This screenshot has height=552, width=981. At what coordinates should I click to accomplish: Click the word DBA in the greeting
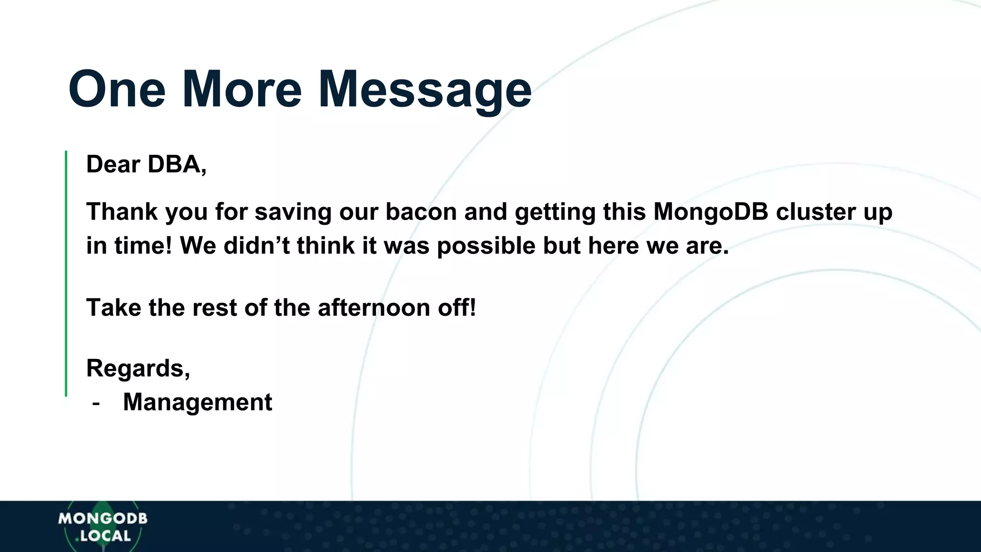point(176,164)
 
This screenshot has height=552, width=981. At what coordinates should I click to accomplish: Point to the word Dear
point(113,164)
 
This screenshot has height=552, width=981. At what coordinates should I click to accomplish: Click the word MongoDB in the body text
point(710,212)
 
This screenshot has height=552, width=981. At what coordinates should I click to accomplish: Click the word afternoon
point(374,308)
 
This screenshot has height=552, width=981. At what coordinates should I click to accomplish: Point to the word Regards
point(137,368)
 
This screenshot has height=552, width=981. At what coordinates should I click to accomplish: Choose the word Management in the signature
point(197,402)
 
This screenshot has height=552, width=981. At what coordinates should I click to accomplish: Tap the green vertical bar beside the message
point(66,273)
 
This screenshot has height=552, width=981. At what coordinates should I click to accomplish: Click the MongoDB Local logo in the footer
point(103,527)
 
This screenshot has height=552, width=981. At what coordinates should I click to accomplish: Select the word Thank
point(122,212)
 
